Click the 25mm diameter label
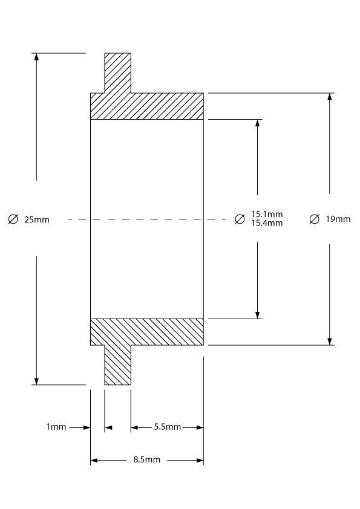(x=37, y=220)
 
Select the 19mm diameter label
(x=338, y=219)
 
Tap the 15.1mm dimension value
(x=267, y=214)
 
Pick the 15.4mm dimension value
(x=267, y=223)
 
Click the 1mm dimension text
(x=56, y=427)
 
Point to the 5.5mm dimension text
(x=168, y=427)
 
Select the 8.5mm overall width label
(x=147, y=459)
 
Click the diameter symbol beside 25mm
(x=13, y=219)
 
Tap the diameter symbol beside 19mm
(x=314, y=219)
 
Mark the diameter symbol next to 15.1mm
(x=240, y=219)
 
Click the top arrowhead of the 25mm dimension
(x=36, y=56)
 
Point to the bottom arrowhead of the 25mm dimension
(x=36, y=381)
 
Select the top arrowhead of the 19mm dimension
(x=330, y=97)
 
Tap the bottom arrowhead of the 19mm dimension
(x=330, y=341)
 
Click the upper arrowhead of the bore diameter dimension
(x=258, y=123)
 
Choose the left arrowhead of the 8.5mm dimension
(x=94, y=460)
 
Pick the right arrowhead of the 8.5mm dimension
(x=200, y=460)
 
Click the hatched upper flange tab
(x=117, y=73)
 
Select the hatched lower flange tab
(x=117, y=365)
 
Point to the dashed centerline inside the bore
(x=147, y=219)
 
